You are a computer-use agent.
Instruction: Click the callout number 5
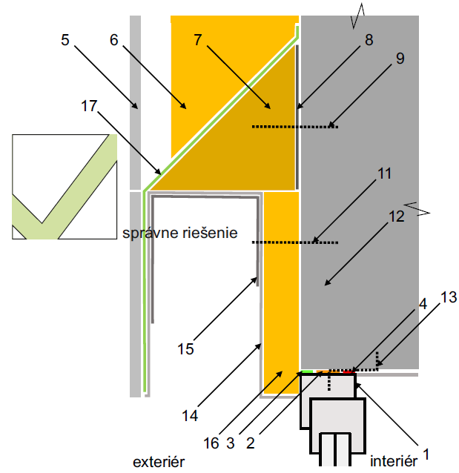(65, 40)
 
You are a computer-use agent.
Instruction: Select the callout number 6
(113, 40)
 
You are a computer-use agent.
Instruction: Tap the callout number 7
(198, 40)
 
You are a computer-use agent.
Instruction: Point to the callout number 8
(369, 40)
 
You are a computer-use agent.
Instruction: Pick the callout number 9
(400, 59)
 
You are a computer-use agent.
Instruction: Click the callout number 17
(89, 106)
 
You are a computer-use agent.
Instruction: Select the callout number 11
(384, 173)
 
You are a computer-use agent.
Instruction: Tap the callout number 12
(396, 216)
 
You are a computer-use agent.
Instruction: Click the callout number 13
(449, 297)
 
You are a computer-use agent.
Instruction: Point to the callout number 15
(185, 349)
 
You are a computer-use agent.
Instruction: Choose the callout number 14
(190, 416)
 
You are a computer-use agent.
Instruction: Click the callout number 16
(211, 443)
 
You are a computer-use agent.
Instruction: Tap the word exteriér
(159, 462)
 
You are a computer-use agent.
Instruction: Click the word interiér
(394, 461)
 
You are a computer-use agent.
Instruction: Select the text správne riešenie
(180, 234)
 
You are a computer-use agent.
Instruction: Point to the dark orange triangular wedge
(242, 145)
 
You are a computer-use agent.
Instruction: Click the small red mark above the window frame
(349, 372)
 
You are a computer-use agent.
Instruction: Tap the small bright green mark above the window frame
(307, 371)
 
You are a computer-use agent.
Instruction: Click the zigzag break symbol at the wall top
(357, 16)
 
